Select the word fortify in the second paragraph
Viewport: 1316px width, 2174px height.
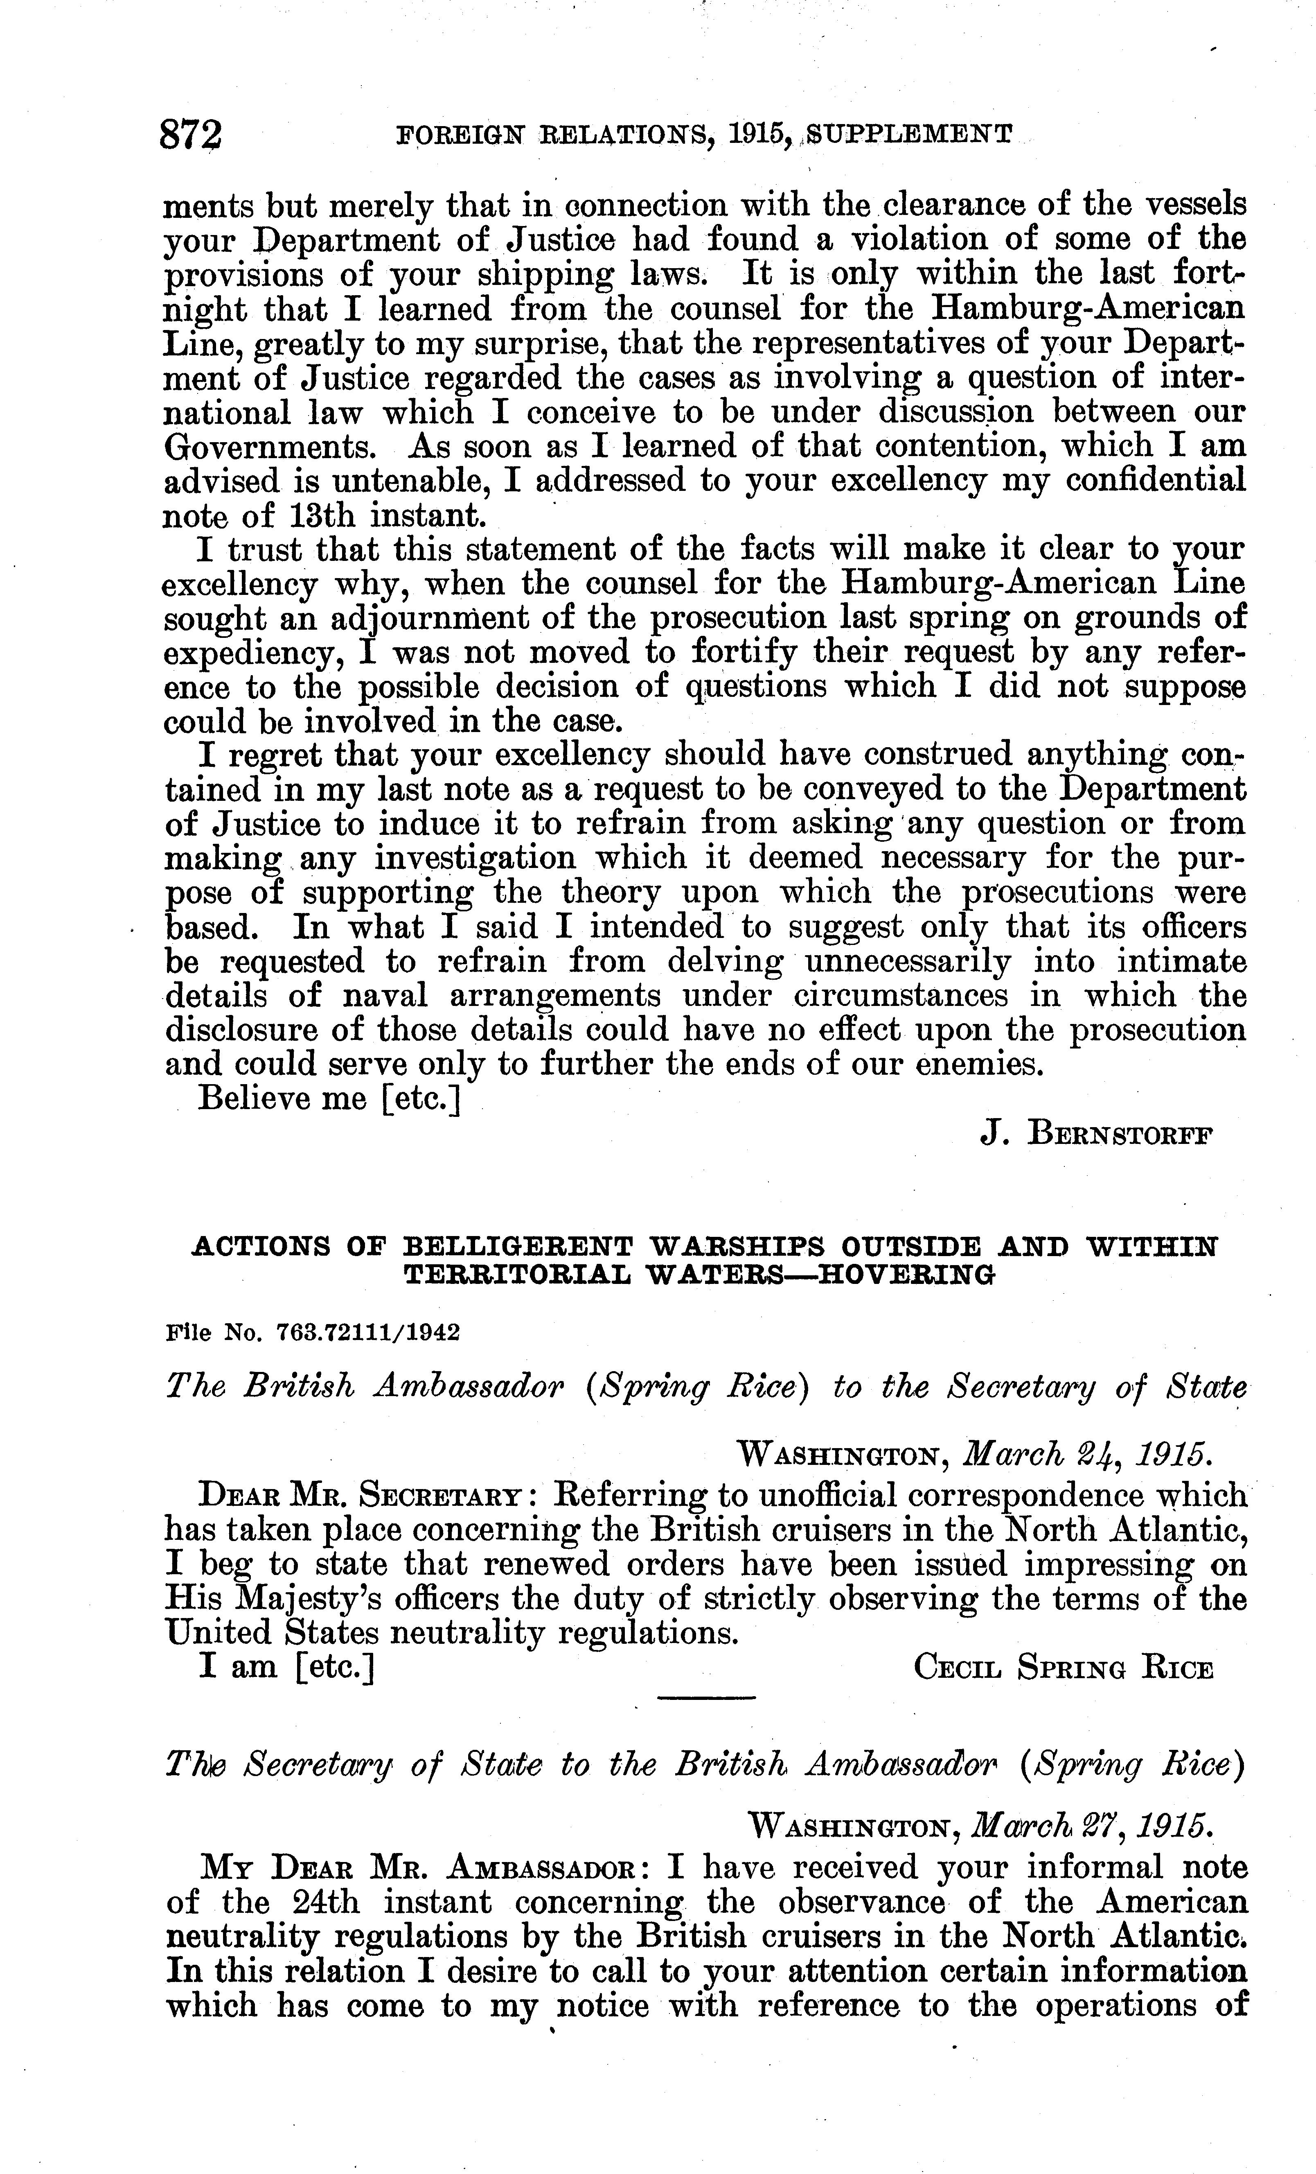pos(744,653)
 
